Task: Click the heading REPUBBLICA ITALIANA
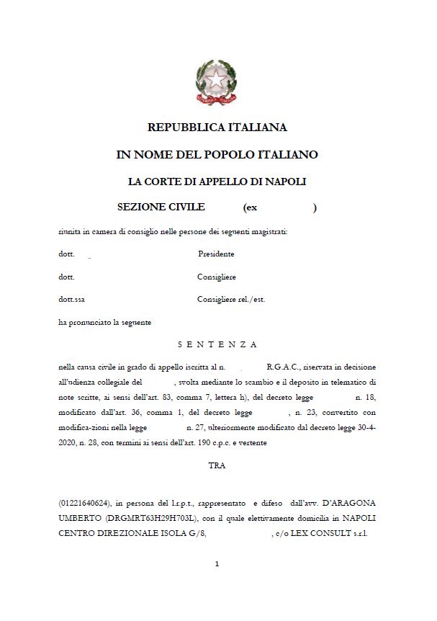[217, 128]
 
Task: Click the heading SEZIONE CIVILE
[161, 207]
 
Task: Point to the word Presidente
[216, 254]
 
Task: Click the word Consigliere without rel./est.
[216, 277]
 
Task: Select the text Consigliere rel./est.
[230, 299]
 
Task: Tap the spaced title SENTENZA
[217, 344]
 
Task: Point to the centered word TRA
[217, 465]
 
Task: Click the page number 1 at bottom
[217, 564]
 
